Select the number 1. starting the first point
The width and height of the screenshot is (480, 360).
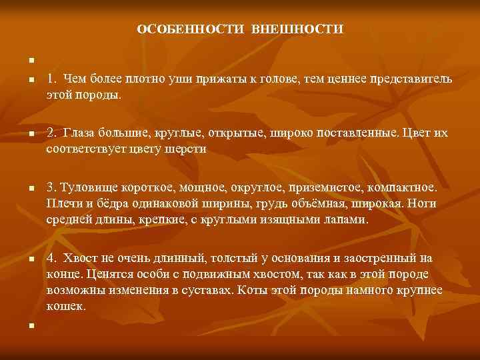coord(51,79)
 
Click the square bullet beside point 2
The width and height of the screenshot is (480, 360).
coord(30,134)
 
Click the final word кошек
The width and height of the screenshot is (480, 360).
coord(65,306)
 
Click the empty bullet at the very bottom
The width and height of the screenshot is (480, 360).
coord(30,326)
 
